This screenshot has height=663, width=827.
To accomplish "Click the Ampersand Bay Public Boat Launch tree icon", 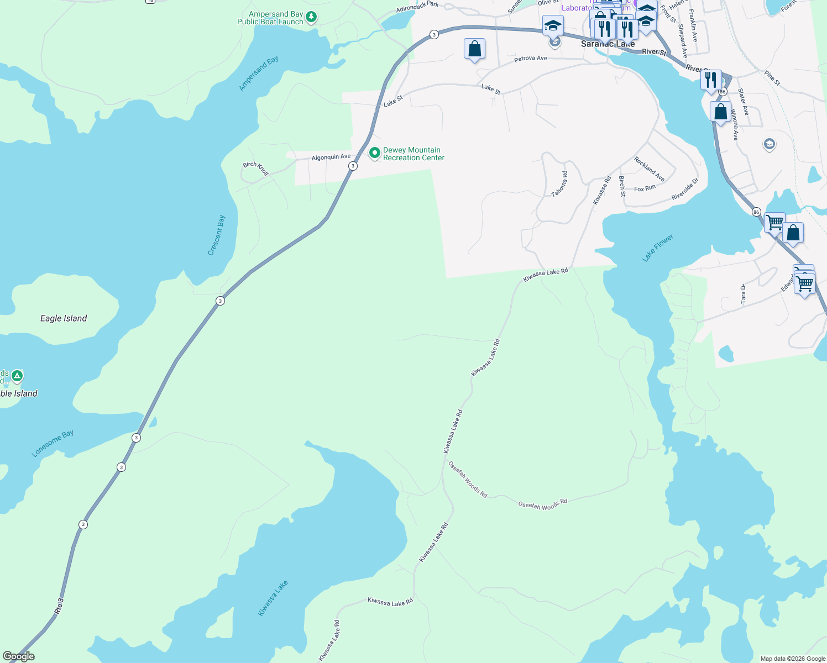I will click(312, 17).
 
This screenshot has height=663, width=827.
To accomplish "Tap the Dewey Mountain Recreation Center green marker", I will click(374, 153).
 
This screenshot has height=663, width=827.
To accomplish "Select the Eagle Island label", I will click(64, 318).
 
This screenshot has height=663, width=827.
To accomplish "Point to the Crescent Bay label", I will click(216, 235).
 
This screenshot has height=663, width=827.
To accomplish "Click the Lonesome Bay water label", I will click(53, 444).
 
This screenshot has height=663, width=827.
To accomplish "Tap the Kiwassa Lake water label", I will click(273, 598).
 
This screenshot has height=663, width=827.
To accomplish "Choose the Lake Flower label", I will click(658, 248).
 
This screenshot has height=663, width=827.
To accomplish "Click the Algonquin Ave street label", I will click(331, 157).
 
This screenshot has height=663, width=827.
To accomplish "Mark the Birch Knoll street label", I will click(256, 169).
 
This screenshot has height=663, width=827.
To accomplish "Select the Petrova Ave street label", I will click(530, 58).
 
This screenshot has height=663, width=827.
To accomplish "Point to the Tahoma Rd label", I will click(559, 184).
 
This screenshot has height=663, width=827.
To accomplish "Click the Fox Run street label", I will click(645, 188).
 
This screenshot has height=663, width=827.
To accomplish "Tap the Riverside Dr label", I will click(685, 189).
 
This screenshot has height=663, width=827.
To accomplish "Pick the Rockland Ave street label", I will click(650, 169).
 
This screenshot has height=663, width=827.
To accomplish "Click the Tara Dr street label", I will click(743, 294).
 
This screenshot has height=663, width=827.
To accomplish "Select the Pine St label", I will click(772, 78).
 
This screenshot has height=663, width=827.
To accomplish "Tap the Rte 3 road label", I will click(60, 606).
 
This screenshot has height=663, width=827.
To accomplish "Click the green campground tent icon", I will click(17, 377).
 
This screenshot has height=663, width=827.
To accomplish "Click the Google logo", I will click(19, 656).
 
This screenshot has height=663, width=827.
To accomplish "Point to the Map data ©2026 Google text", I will click(793, 659).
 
